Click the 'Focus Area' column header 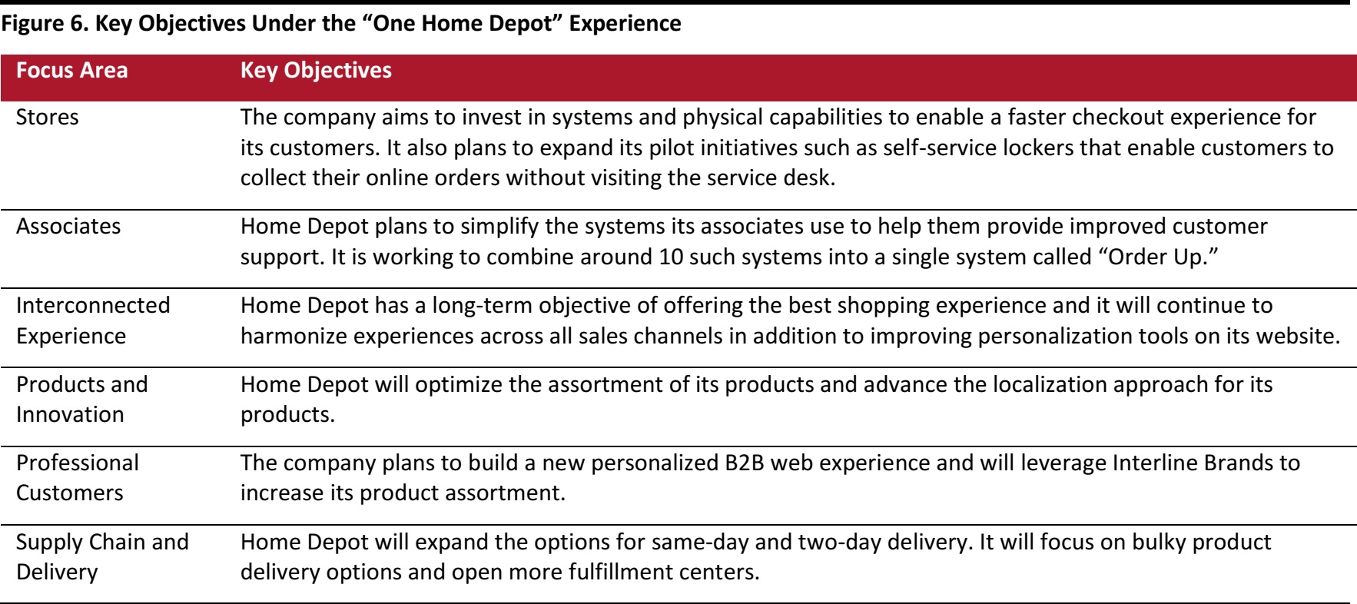click(72, 71)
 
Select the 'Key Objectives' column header click(316, 71)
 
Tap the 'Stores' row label click(48, 118)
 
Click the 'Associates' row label click(68, 227)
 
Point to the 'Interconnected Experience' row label click(93, 320)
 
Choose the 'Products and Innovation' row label click(82, 399)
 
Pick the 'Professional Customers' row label click(78, 477)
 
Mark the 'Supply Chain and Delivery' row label click(102, 556)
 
